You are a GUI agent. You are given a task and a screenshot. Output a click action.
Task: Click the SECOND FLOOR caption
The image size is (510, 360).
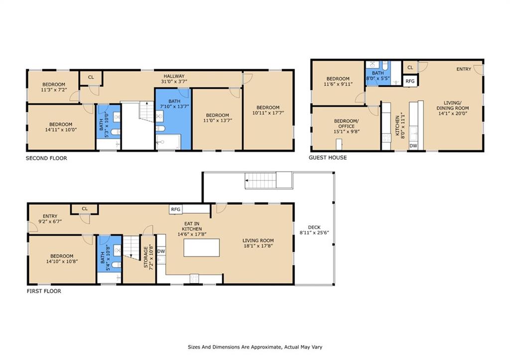click(x=46, y=158)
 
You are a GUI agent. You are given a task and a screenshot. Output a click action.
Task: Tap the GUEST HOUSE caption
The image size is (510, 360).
click(x=328, y=157)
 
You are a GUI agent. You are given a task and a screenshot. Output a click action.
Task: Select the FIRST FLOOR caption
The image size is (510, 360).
click(x=44, y=291)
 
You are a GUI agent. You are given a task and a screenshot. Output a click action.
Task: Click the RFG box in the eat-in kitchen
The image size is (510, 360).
click(x=176, y=209)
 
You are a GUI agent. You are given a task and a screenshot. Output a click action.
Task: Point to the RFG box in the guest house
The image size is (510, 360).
click(x=410, y=81)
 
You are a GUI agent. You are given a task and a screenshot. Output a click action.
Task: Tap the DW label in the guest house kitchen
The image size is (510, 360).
click(x=413, y=146)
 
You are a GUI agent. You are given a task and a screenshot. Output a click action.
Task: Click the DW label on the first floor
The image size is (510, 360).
click(x=161, y=251)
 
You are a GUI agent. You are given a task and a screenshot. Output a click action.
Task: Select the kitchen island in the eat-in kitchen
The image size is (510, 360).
click(x=201, y=247)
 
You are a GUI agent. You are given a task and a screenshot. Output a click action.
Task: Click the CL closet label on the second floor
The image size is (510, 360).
click(x=91, y=77)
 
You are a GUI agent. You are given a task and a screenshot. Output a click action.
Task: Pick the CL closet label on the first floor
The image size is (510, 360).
click(x=85, y=209)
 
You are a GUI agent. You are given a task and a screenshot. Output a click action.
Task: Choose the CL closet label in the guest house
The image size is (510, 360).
click(x=410, y=68)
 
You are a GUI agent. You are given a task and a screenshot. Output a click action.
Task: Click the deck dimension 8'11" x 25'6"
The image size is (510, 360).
click(x=315, y=233)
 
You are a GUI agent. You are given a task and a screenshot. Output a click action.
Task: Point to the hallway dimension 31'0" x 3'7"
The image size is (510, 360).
click(x=174, y=81)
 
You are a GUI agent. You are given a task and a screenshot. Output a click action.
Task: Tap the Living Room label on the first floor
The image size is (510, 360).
click(x=258, y=240)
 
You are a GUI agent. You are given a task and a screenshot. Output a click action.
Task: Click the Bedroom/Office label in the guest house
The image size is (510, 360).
click(x=347, y=123)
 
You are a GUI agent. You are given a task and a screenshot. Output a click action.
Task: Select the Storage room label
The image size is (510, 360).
click(x=146, y=257)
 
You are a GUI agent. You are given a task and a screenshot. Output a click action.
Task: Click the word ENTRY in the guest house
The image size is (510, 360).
click(x=464, y=69)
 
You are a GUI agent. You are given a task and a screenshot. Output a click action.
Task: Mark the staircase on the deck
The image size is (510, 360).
click(x=260, y=180)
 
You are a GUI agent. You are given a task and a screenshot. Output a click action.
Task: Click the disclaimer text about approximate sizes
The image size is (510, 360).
click(x=255, y=347)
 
